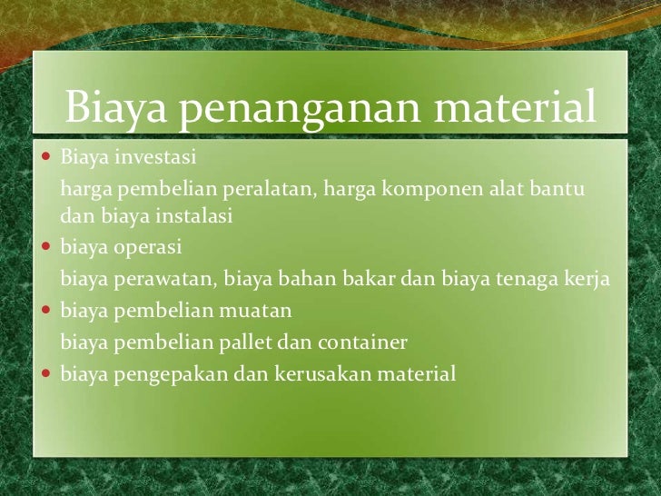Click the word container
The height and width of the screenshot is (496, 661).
click(x=366, y=342)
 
